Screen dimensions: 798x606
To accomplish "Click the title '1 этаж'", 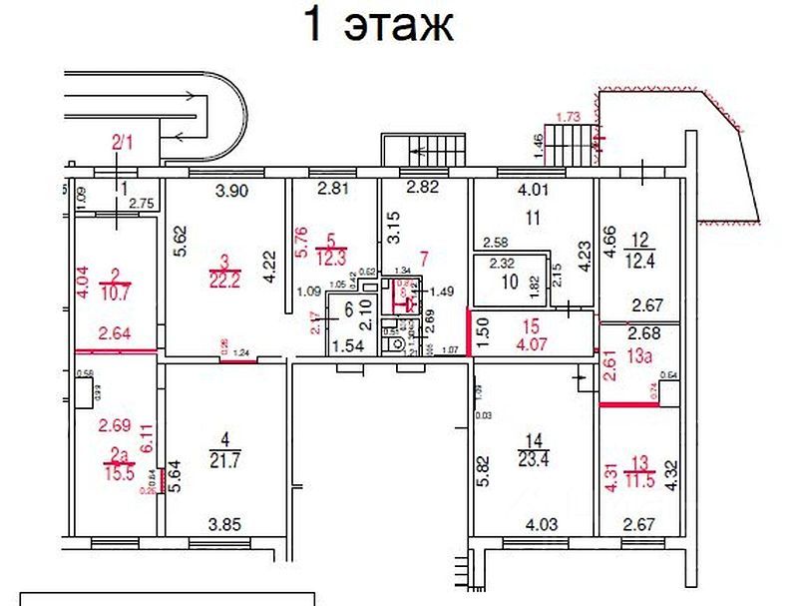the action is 378,26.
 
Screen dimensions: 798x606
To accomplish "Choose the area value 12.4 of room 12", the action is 640,262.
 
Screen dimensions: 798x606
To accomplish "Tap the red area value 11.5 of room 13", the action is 640,480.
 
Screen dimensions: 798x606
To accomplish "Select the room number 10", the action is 509,283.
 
